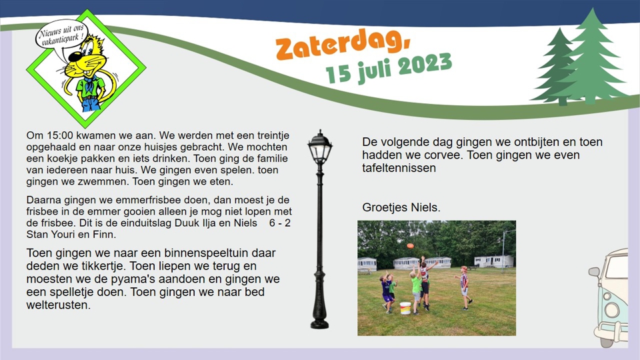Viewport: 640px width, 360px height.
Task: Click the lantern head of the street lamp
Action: coord(320,151)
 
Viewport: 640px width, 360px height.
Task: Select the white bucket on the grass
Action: coord(405,307)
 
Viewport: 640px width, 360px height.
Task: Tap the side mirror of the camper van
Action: coord(594,272)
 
